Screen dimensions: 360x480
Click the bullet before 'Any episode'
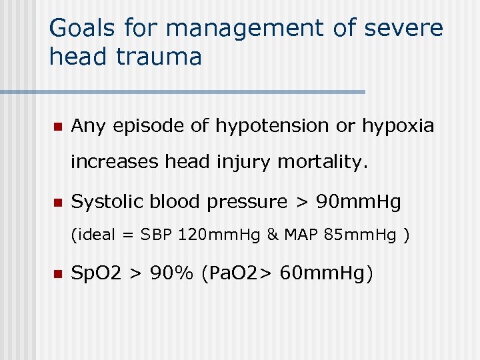click(57, 126)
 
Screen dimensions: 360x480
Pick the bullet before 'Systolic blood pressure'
click(57, 202)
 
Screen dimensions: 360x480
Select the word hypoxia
click(397, 126)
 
